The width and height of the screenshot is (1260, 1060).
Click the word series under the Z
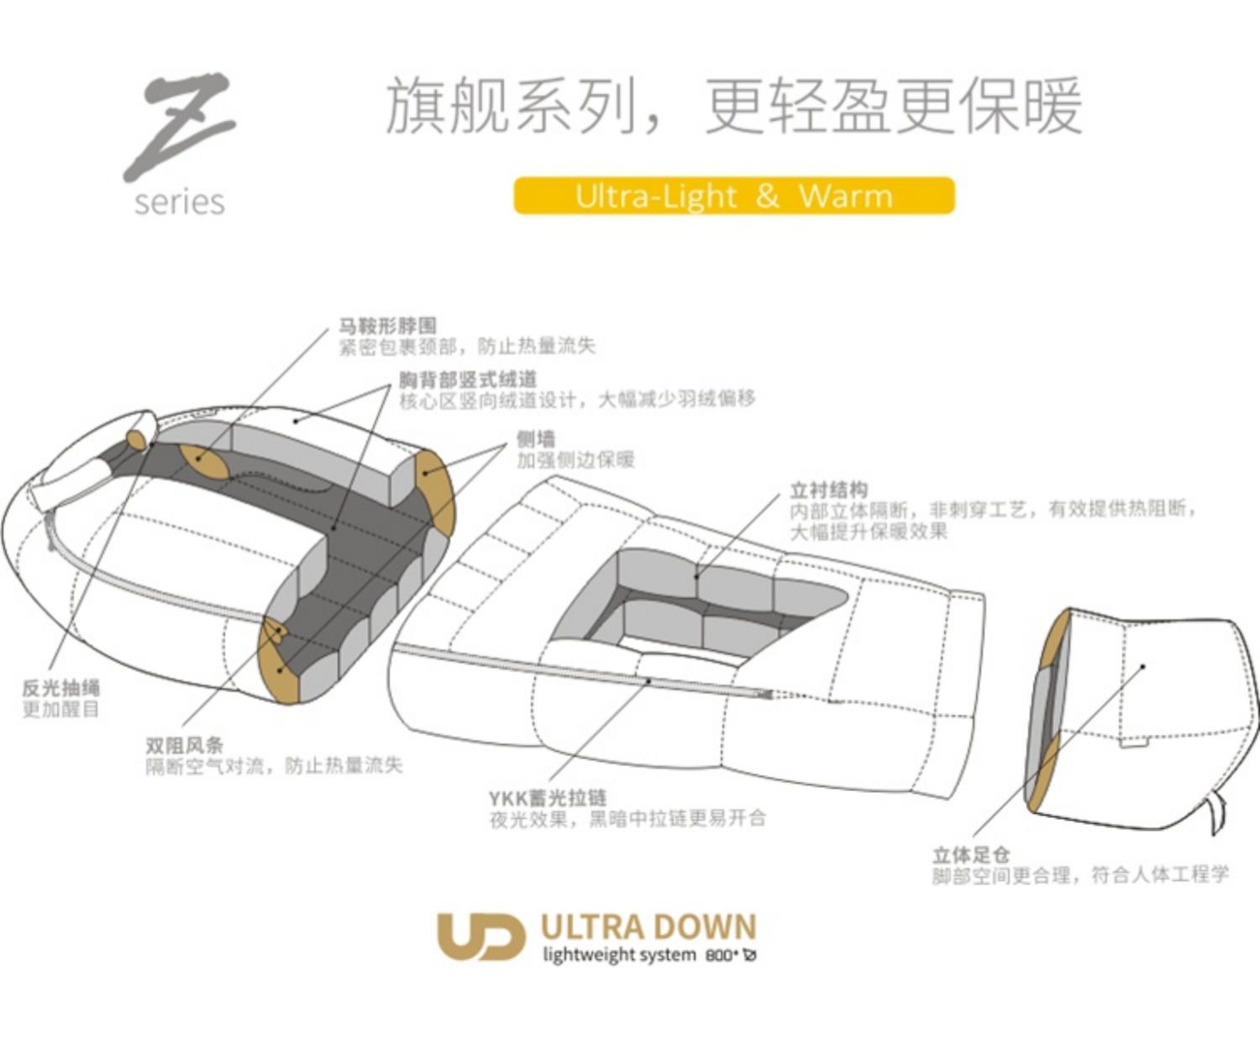point(180,202)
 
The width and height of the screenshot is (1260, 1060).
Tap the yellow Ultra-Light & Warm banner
point(733,196)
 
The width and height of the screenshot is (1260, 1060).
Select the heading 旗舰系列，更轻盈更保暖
point(733,107)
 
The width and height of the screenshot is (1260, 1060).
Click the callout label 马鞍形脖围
point(387,326)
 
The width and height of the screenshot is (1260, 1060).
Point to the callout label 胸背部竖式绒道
point(467,379)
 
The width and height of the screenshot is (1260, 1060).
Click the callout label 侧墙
point(536,438)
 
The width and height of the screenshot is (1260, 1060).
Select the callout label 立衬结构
point(828,489)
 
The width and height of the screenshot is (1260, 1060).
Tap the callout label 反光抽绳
point(61,688)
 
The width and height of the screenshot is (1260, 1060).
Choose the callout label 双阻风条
point(185,745)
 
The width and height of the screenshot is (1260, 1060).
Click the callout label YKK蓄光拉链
point(547,797)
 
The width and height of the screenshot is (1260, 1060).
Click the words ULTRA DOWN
point(648,927)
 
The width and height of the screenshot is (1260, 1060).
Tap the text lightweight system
point(619,955)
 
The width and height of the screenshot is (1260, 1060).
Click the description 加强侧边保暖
point(575,460)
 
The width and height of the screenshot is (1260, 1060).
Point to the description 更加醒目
point(61,710)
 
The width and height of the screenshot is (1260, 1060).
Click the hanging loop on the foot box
point(1215,811)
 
